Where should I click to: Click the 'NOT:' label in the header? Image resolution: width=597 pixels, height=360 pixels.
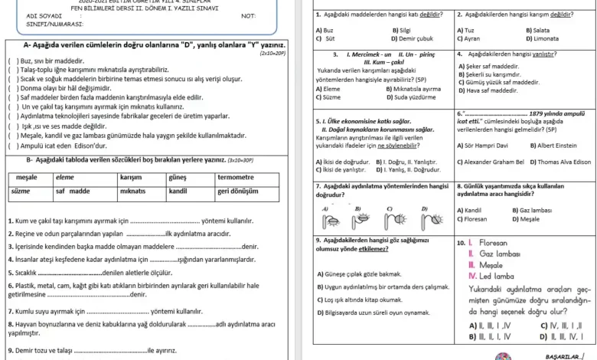[249, 16]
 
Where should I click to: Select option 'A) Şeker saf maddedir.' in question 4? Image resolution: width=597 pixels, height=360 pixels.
[494, 67]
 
